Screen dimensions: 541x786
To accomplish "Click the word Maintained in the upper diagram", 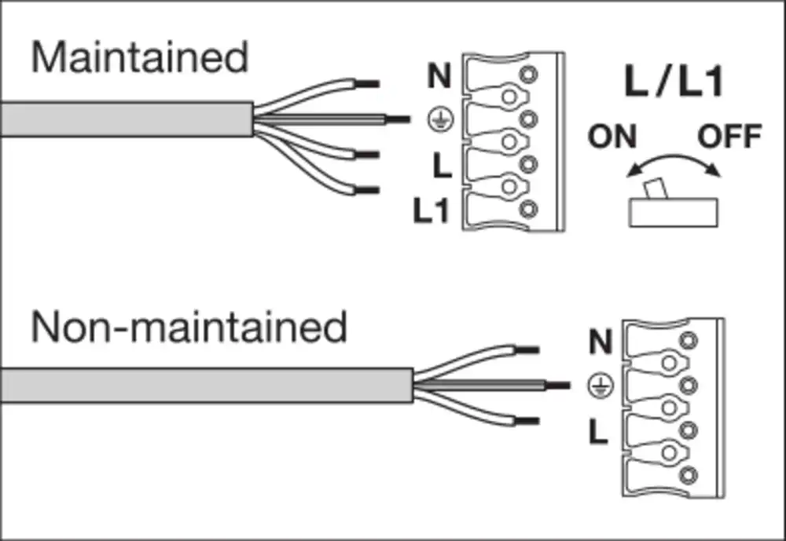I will [x=139, y=57].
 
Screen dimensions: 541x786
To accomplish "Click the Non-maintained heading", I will [x=189, y=327].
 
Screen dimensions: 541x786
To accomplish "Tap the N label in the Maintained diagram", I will [x=440, y=77].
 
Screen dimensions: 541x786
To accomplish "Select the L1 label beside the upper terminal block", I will [x=432, y=212].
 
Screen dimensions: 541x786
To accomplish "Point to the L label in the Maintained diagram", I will [x=442, y=166].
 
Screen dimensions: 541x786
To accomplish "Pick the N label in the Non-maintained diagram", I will [x=600, y=342].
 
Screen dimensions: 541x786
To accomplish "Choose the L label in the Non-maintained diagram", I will [x=599, y=431].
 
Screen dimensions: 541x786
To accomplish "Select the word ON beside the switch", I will [x=612, y=137].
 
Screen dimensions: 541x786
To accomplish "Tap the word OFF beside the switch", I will [x=730, y=137].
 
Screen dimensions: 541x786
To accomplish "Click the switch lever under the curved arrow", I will [x=652, y=191].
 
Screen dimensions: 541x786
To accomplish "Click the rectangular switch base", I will [x=674, y=213].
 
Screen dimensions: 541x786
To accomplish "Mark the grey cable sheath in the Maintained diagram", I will [x=126, y=119].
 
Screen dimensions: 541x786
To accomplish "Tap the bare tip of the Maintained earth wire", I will [x=398, y=119].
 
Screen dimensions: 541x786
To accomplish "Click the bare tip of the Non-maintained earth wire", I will [x=557, y=386].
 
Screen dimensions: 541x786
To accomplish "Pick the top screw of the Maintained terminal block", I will [x=529, y=75].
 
